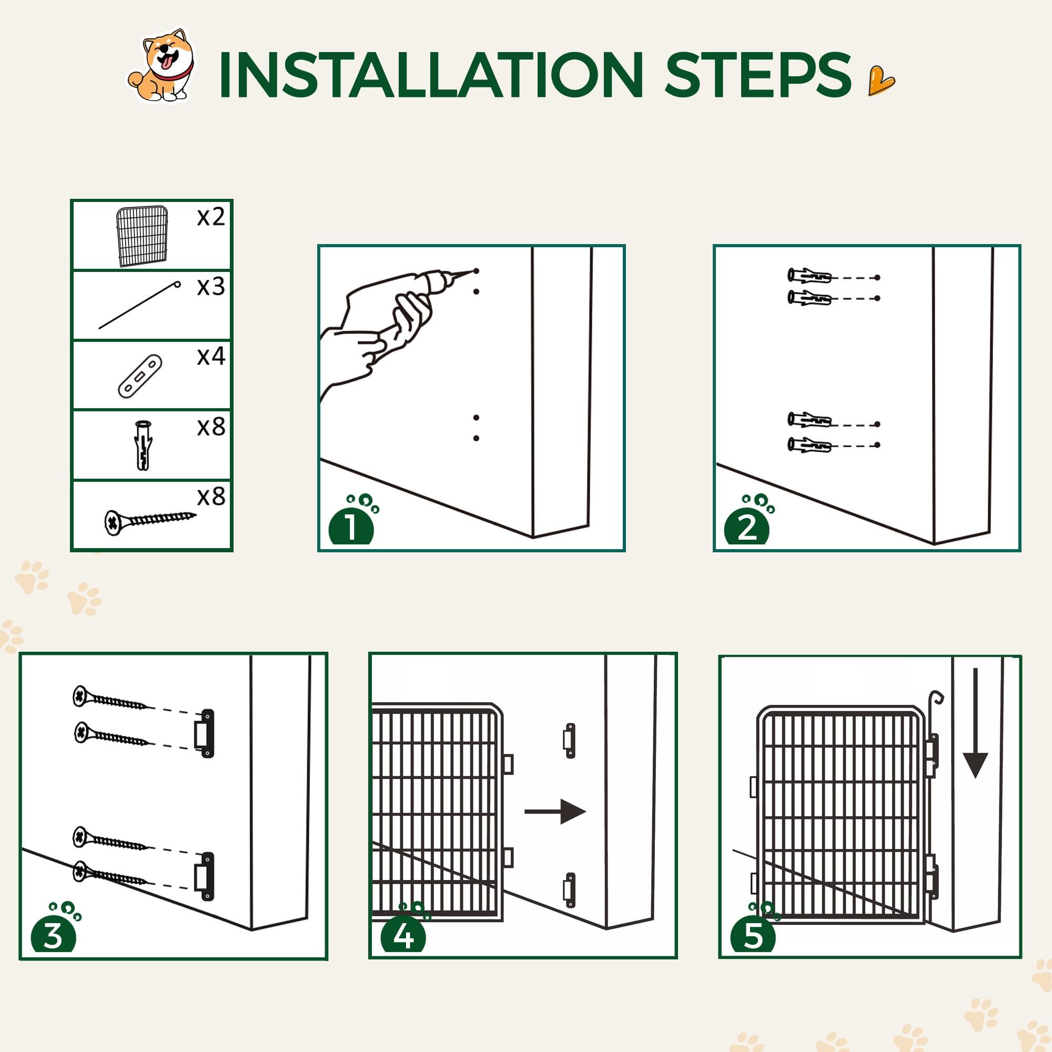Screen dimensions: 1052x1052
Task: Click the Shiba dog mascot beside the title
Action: pyautogui.click(x=161, y=65)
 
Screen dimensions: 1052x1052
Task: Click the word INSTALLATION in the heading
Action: pyautogui.click(x=431, y=75)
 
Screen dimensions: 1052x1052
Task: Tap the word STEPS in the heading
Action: pyautogui.click(x=757, y=75)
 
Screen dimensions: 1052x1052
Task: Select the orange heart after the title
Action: pyautogui.click(x=881, y=80)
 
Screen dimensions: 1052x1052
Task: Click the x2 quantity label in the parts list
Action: pyautogui.click(x=211, y=217)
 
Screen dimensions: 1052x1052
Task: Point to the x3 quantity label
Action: pyautogui.click(x=211, y=287)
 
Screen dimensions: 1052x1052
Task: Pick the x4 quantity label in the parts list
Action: pyautogui.click(x=211, y=356)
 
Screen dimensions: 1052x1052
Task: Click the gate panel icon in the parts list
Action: pyautogui.click(x=141, y=236)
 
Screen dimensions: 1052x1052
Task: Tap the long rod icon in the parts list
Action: pyautogui.click(x=139, y=305)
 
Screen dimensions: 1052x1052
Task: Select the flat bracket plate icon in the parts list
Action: pyautogui.click(x=140, y=376)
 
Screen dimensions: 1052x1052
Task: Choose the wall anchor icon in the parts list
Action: pyautogui.click(x=143, y=445)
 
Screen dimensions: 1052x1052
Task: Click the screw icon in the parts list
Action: pyautogui.click(x=150, y=521)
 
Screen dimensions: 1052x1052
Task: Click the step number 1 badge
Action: pyautogui.click(x=351, y=527)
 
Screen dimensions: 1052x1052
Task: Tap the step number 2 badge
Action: pyautogui.click(x=746, y=527)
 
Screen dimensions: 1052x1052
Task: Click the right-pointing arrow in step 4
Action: pyautogui.click(x=555, y=812)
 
